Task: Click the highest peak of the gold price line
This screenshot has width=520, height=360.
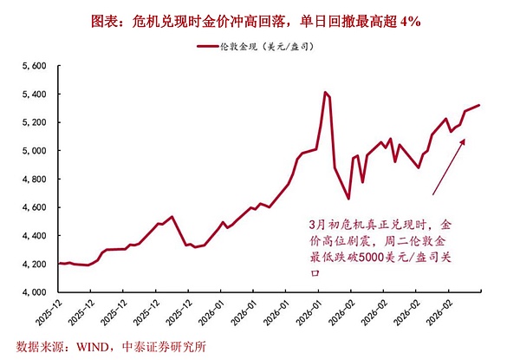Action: [x=325, y=92]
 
